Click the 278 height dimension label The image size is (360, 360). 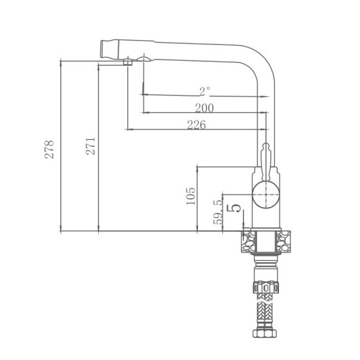pos(49,150)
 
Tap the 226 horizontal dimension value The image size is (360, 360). pos(197,124)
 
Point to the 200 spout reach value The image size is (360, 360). pos(204,107)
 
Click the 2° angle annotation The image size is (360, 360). pos(204,91)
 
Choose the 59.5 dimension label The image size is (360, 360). pos(217,211)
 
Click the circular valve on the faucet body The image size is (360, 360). pos(265,196)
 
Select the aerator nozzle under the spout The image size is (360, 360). pos(128,62)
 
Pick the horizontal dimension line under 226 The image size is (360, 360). pos(197,129)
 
